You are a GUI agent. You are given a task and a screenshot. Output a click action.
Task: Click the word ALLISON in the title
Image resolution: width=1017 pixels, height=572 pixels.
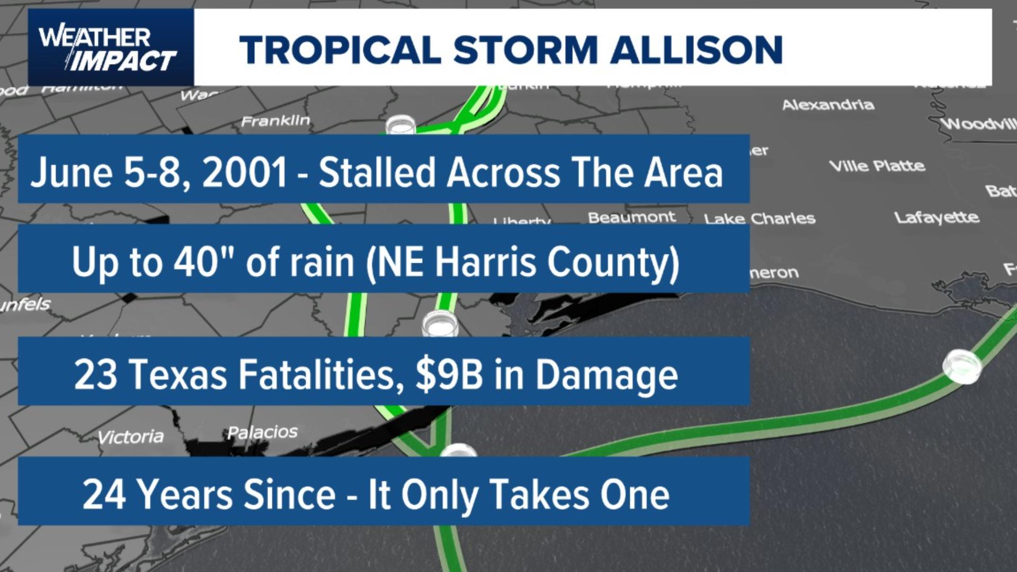pyautogui.click(x=697, y=50)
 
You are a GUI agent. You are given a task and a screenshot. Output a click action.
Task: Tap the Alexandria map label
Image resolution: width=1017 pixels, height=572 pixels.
pyautogui.click(x=828, y=105)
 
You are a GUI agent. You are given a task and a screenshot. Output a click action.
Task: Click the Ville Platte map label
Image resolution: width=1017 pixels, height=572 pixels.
pyautogui.click(x=877, y=166)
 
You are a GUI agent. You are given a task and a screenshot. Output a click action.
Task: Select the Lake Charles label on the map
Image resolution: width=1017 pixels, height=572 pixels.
pyautogui.click(x=760, y=219)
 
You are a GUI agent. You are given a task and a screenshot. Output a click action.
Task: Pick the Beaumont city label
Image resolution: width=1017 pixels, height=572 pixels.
pyautogui.click(x=631, y=217)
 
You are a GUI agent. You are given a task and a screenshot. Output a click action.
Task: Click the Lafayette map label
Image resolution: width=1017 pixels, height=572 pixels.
pyautogui.click(x=936, y=217)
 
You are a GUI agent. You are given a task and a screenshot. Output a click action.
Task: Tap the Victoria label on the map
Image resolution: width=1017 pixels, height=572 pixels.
pyautogui.click(x=131, y=437)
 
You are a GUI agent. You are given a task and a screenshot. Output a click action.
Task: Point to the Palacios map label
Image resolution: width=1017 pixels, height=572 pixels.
pyautogui.click(x=262, y=433)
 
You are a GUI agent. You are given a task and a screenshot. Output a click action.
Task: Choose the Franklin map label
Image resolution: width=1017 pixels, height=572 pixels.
pyautogui.click(x=275, y=121)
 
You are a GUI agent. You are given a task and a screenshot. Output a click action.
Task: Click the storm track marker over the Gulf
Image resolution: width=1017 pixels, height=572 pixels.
pyautogui.click(x=962, y=366)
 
